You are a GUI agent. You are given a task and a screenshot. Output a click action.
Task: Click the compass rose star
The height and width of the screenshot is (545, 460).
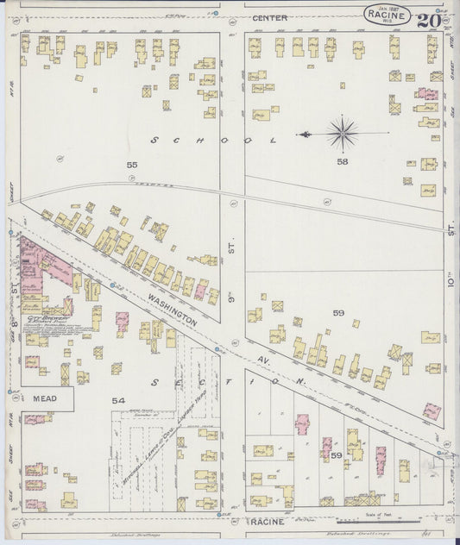[x=343, y=134]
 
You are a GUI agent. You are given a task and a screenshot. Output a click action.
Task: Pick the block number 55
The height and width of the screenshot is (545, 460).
[x=131, y=164]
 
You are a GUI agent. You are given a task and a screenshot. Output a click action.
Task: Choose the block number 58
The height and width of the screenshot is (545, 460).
[x=343, y=162]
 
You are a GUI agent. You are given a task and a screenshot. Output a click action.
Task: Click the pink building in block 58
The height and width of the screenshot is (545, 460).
[x=427, y=94]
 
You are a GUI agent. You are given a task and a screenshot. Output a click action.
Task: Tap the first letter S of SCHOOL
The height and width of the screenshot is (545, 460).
[x=154, y=139]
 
